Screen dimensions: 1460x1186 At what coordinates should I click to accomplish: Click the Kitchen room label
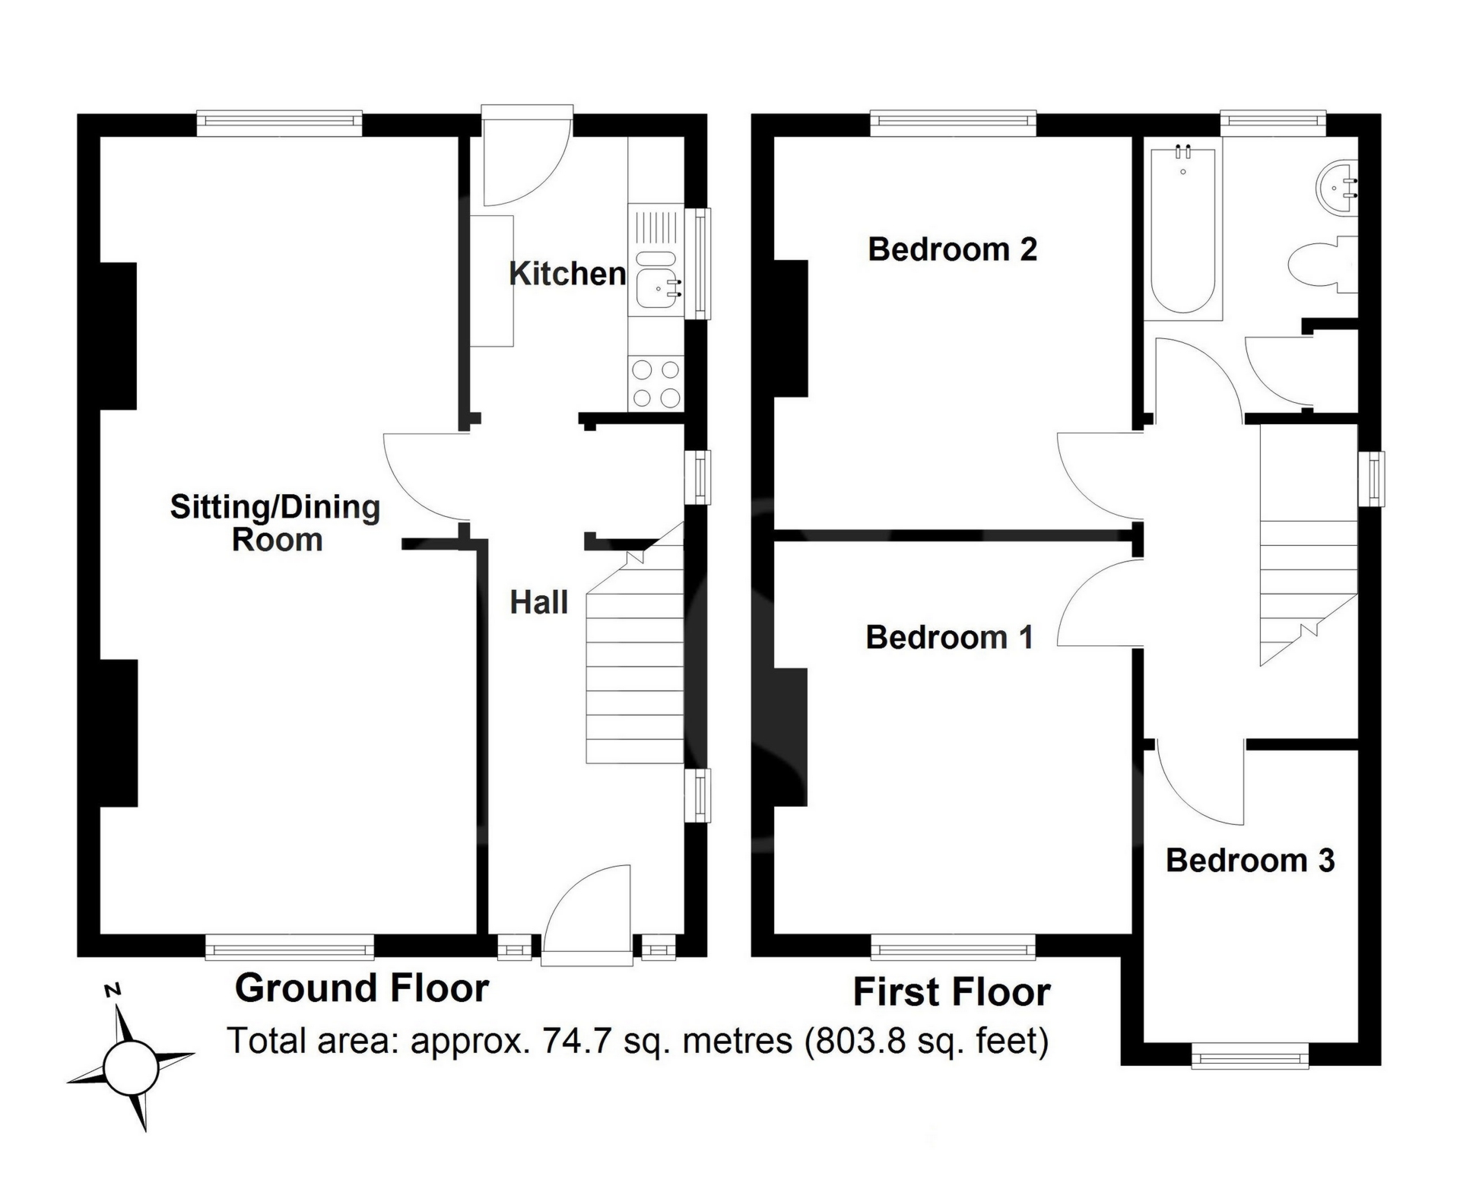(567, 274)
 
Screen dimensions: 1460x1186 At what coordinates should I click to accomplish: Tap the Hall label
(539, 602)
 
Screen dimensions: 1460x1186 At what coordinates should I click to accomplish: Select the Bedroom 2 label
(952, 249)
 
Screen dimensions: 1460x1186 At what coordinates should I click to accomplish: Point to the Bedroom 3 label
(1250, 860)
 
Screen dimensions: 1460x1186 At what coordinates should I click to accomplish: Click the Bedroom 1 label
(950, 637)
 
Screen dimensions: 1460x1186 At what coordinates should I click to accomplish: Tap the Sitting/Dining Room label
(275, 523)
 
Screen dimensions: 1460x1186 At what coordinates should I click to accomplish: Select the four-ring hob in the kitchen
(656, 382)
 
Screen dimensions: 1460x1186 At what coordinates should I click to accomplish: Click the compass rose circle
(131, 1067)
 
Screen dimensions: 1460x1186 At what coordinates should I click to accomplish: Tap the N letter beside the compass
(113, 990)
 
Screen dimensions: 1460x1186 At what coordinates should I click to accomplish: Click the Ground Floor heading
(362, 988)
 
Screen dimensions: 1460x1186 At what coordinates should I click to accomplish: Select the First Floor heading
(952, 992)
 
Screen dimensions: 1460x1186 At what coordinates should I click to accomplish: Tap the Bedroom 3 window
(1250, 1055)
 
